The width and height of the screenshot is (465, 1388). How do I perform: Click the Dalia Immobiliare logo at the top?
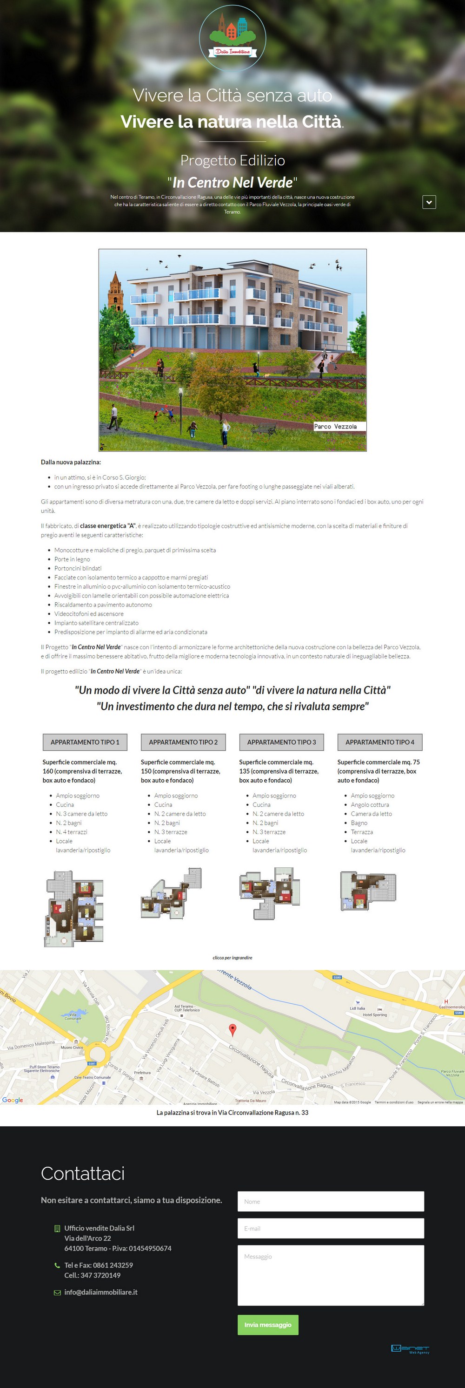pyautogui.click(x=232, y=38)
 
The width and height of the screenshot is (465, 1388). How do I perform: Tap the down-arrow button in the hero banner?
pyautogui.click(x=429, y=202)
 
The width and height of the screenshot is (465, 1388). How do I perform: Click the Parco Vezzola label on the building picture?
pyautogui.click(x=335, y=426)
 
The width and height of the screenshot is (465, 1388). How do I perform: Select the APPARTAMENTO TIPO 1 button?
pyautogui.click(x=85, y=742)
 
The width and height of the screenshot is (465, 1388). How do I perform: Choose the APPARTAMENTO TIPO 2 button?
pyautogui.click(x=183, y=742)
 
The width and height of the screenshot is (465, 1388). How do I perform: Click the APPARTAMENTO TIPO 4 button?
pyautogui.click(x=379, y=742)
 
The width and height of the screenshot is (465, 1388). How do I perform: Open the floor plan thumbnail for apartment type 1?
pyautogui.click(x=74, y=908)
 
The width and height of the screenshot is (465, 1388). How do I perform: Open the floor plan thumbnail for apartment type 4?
pyautogui.click(x=368, y=891)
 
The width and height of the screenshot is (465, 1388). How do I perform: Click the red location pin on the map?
pyautogui.click(x=232, y=1029)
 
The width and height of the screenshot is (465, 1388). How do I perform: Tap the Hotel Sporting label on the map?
pyautogui.click(x=375, y=1014)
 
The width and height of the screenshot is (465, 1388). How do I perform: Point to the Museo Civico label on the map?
pyautogui.click(x=72, y=1048)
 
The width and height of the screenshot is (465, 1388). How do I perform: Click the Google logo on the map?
pyautogui.click(x=13, y=1100)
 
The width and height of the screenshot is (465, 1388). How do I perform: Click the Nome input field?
pyautogui.click(x=331, y=1202)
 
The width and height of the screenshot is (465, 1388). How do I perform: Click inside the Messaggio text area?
pyautogui.click(x=331, y=1275)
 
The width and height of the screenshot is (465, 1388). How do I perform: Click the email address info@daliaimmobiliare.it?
pyautogui.click(x=100, y=1292)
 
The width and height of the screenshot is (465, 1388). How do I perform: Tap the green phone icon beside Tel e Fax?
pyautogui.click(x=57, y=1265)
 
